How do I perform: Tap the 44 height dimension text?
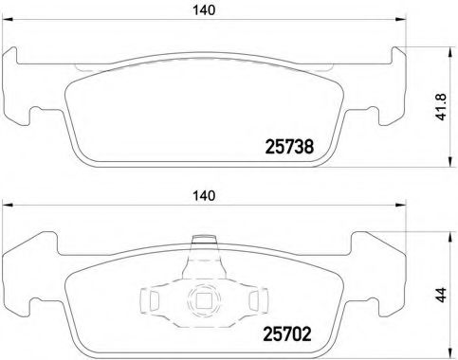[x=442, y=296]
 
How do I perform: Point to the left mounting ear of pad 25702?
[x=28, y=284]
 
